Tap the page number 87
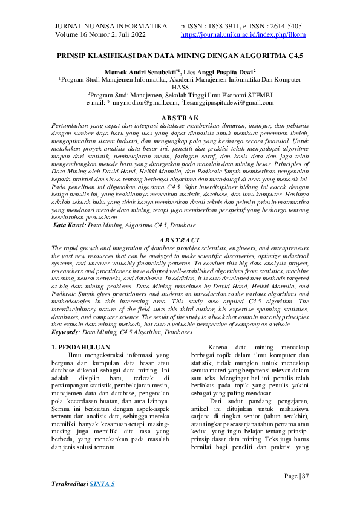(303, 460)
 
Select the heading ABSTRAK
(180, 117)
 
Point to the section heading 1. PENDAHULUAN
(80, 348)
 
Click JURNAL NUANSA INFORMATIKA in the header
(111, 27)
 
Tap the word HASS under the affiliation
(180, 86)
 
